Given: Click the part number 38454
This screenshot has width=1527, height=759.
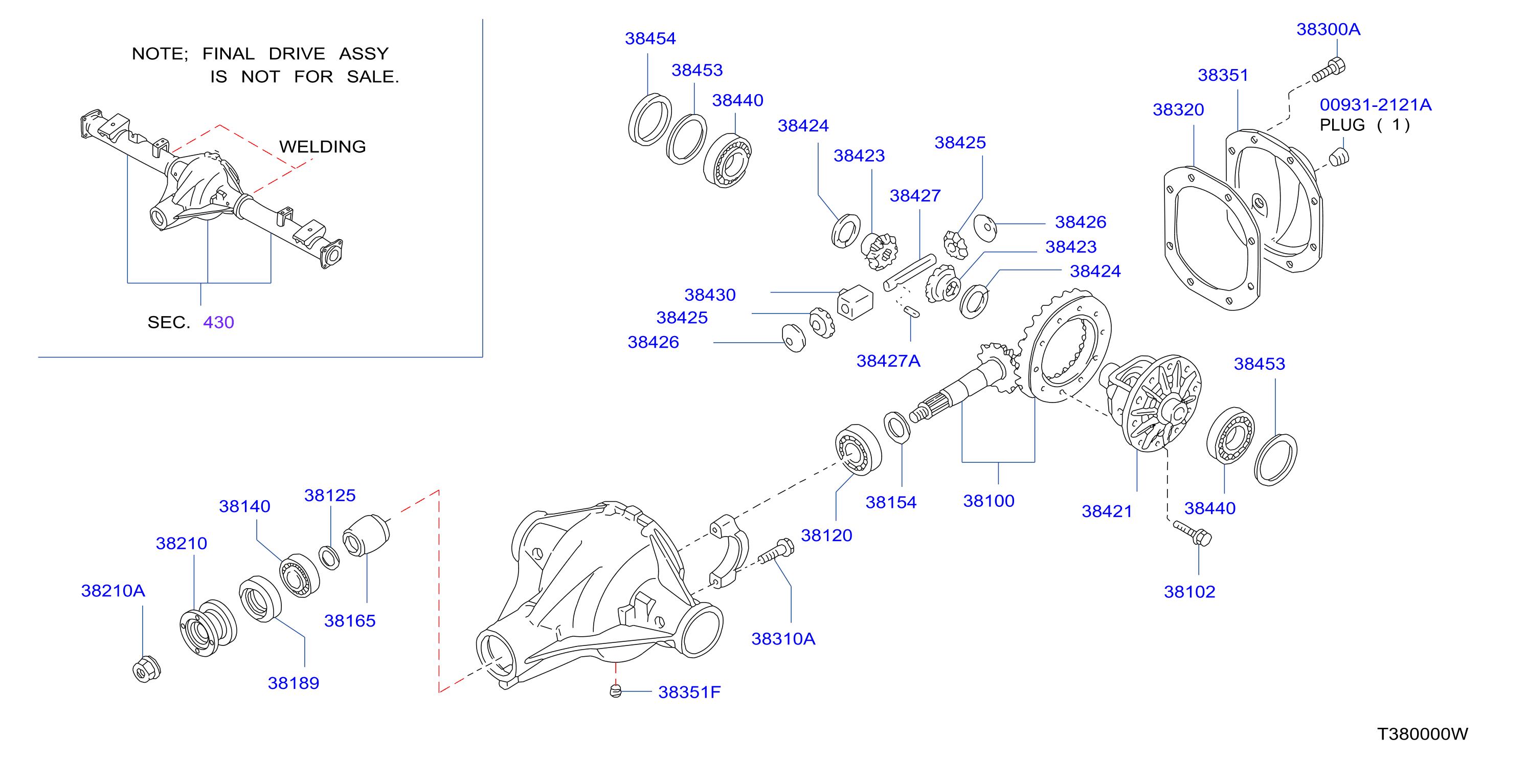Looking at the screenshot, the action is click(x=650, y=38).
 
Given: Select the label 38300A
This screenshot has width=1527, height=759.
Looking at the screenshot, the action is click(x=1329, y=29).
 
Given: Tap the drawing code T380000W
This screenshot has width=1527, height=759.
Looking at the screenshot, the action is click(x=1423, y=734).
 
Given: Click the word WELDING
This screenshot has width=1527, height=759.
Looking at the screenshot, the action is click(x=323, y=146).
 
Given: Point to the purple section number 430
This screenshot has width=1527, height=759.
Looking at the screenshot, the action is click(x=219, y=322).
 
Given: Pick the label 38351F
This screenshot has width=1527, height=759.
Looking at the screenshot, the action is click(x=689, y=692).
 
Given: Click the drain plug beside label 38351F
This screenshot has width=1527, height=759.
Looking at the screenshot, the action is click(x=616, y=691).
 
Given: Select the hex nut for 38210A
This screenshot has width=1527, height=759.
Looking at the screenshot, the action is click(x=146, y=669).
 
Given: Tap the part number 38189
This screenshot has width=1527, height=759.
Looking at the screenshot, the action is click(x=294, y=683).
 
